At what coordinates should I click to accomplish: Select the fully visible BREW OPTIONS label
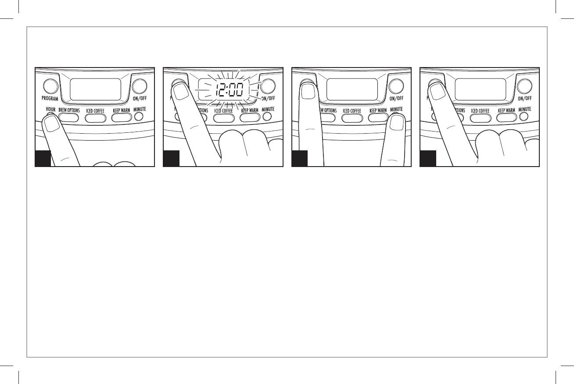click(69, 110)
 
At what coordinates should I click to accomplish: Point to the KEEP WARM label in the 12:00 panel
click(250, 111)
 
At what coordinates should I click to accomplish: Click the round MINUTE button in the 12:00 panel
click(266, 117)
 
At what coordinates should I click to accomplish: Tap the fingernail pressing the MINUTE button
click(397, 124)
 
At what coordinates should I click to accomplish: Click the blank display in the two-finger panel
click(352, 89)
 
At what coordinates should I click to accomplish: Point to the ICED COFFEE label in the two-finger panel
click(352, 110)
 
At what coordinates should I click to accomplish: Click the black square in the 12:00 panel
click(171, 158)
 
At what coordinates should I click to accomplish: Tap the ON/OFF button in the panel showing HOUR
click(141, 85)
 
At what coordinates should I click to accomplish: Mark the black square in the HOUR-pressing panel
click(43, 158)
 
